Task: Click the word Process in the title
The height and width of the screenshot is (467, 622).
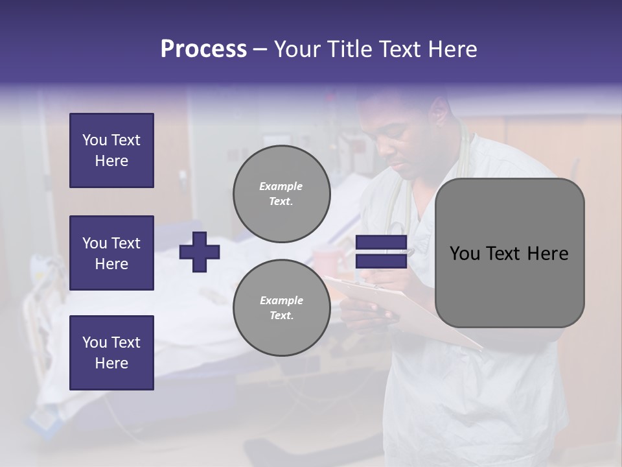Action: pyautogui.click(x=203, y=49)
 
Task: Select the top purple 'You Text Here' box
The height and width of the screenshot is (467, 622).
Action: pyautogui.click(x=111, y=150)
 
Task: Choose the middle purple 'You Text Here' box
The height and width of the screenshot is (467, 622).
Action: pyautogui.click(x=111, y=253)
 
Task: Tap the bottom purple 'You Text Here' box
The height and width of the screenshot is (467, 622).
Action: pyautogui.click(x=111, y=353)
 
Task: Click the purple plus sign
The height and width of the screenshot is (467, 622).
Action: pyautogui.click(x=199, y=252)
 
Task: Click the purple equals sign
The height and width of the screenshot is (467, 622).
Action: pyautogui.click(x=381, y=252)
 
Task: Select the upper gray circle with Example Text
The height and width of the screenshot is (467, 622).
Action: pyautogui.click(x=281, y=193)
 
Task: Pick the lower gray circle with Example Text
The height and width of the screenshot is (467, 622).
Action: pyautogui.click(x=281, y=307)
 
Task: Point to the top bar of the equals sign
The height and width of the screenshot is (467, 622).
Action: pyautogui.click(x=381, y=243)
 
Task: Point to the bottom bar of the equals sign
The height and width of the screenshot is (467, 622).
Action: pyautogui.click(x=381, y=261)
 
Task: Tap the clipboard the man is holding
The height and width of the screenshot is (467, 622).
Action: pyautogui.click(x=415, y=311)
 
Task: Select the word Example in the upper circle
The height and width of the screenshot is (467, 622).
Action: pyautogui.click(x=281, y=186)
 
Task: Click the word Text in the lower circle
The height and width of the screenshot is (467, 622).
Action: pyautogui.click(x=281, y=315)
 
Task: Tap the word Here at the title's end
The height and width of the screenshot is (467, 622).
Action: pyautogui.click(x=454, y=49)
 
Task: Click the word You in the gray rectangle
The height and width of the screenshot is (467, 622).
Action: pyautogui.click(x=465, y=254)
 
